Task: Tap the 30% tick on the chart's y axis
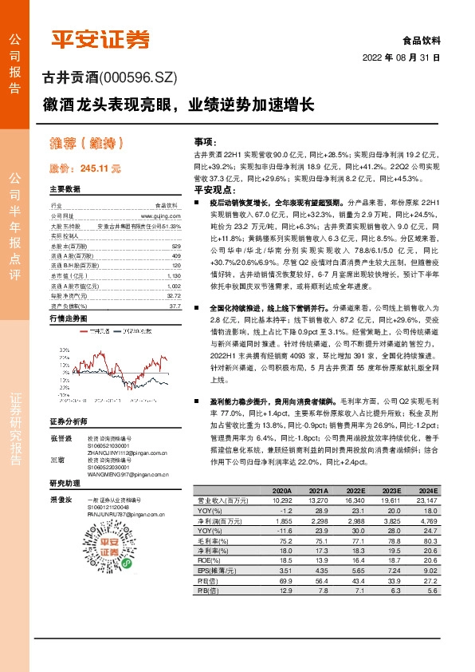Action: tap(63, 350)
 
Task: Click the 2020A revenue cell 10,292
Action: tap(281, 499)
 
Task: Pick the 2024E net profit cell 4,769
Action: tap(427, 519)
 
